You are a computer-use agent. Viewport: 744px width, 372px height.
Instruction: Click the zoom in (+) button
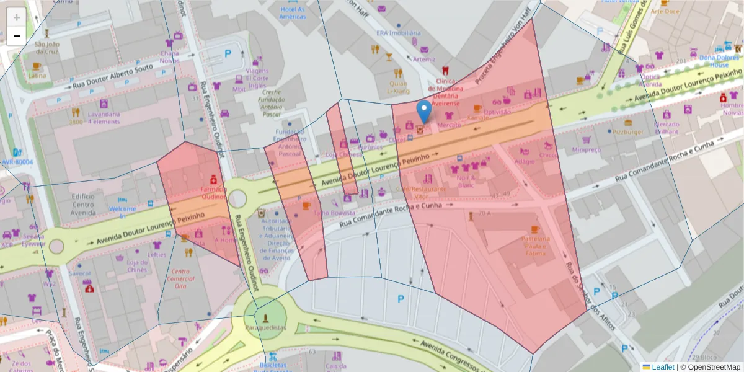[17, 17]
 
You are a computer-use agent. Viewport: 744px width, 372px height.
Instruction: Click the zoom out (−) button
[17, 36]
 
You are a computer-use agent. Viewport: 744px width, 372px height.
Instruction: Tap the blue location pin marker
[423, 112]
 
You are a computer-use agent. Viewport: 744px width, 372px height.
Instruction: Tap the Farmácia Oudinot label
[213, 193]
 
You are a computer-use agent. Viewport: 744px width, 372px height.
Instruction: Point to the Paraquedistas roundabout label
[265, 327]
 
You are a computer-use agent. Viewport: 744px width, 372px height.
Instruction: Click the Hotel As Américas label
[293, 13]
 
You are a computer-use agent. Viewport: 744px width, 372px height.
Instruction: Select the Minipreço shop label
[587, 150]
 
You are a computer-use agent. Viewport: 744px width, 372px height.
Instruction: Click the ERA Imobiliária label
[399, 33]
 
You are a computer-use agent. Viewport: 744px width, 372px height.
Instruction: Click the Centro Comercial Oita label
[180, 278]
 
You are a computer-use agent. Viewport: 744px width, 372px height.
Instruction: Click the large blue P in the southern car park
[401, 299]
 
